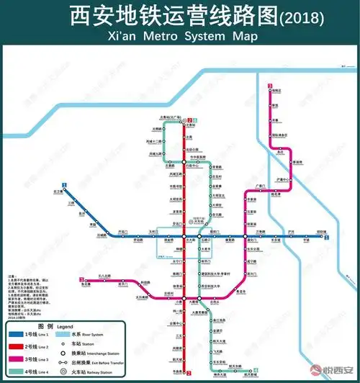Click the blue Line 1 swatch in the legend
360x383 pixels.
coord(24,334)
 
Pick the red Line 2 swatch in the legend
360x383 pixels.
coord(24,346)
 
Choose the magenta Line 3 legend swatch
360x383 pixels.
coord(24,359)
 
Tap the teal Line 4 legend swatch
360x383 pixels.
coord(24,371)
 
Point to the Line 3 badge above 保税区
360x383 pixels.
coord(269,86)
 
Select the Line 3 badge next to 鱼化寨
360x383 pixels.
coord(79,279)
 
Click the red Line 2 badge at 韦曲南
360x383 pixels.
coord(189,373)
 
